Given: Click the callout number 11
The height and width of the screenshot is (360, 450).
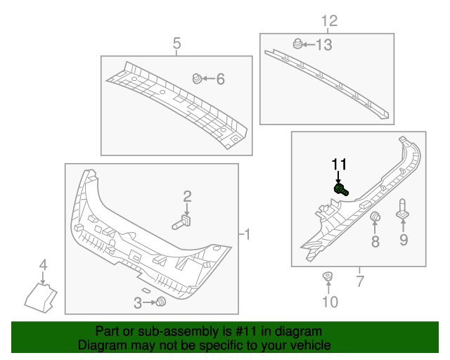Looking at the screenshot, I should click(340, 164).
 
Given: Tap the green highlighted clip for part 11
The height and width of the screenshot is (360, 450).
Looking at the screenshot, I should click(341, 189).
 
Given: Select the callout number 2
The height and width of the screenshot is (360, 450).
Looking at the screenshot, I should click(188, 195).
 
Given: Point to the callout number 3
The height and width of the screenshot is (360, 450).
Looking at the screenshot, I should click(138, 302).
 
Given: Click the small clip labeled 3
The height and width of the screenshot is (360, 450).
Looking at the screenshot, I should click(162, 302).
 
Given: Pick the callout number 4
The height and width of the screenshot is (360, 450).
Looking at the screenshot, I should click(43, 265).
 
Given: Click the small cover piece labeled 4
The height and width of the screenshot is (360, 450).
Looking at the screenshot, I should click(42, 295).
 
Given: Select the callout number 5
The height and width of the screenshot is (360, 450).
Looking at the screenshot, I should click(177, 44).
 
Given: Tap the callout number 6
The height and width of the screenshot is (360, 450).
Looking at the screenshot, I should click(220, 79).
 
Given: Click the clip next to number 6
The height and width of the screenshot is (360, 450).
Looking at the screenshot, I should click(198, 78).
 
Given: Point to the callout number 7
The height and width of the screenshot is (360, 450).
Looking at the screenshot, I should click(359, 283).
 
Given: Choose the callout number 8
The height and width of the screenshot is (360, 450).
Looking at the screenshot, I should click(375, 242).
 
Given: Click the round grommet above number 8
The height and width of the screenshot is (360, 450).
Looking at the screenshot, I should click(375, 217).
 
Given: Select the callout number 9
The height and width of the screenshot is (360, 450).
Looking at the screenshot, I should click(404, 242).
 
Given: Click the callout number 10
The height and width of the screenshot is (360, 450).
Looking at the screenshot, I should click(330, 302).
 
